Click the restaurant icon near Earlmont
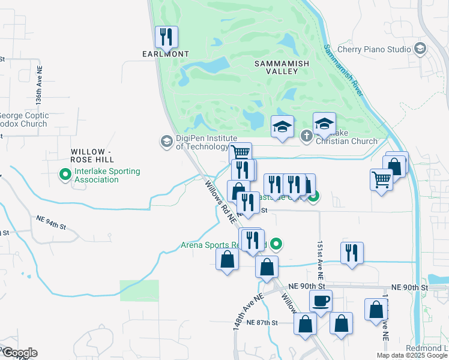click(166, 37)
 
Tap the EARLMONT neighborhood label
click(166, 54)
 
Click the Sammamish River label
click(343, 71)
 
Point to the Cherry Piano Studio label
click(374, 49)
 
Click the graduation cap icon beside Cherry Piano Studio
click(420, 48)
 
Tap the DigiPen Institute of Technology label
click(202, 142)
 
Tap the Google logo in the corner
click(19, 353)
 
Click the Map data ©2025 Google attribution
click(412, 355)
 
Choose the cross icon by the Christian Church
click(306, 136)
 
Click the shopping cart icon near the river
click(382, 179)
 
